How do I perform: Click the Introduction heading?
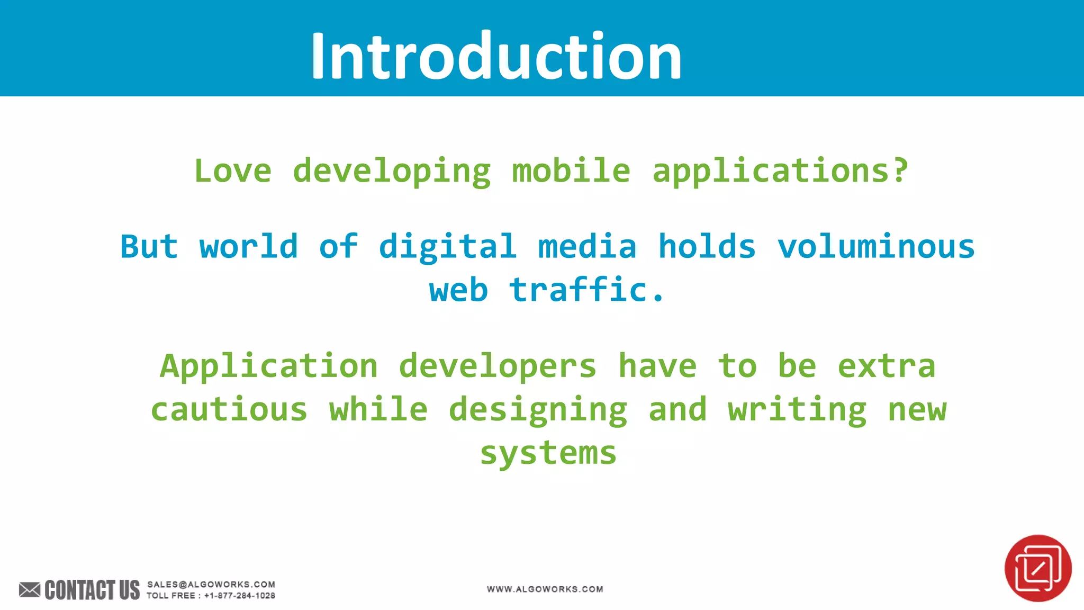pyautogui.click(x=496, y=56)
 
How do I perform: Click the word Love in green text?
pyautogui.click(x=233, y=171)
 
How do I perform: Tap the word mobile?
pyautogui.click(x=571, y=171)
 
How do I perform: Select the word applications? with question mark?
pyautogui.click(x=780, y=171)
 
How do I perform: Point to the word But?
pyautogui.click(x=149, y=247)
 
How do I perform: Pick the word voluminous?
pyautogui.click(x=875, y=247)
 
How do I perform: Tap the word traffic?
pyautogui.click(x=586, y=290)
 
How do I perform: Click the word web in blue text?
pyautogui.click(x=458, y=291)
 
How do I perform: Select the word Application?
pyautogui.click(x=269, y=366)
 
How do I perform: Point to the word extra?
pyautogui.click(x=887, y=366)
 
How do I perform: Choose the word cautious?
pyautogui.click(x=229, y=410)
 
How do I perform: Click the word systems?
pyautogui.click(x=548, y=454)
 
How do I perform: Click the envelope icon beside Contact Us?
pyautogui.click(x=30, y=589)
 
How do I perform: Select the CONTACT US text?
pyautogui.click(x=92, y=590)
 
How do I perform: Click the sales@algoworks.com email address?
pyautogui.click(x=211, y=584)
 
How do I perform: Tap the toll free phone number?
pyautogui.click(x=239, y=596)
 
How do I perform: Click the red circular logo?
pyautogui.click(x=1037, y=568)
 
